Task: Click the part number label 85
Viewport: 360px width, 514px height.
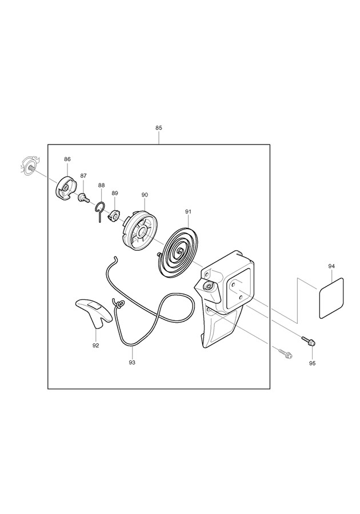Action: (158, 128)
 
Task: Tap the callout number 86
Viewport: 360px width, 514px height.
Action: (67, 159)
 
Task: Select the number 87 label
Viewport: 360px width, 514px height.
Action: (83, 176)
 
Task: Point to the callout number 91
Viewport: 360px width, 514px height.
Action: (188, 212)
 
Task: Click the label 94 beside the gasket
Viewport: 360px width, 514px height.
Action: (331, 267)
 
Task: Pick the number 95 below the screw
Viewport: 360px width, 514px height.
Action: (312, 363)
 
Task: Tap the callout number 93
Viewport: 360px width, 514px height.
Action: (132, 362)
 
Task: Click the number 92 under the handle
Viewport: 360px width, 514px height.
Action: (96, 345)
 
